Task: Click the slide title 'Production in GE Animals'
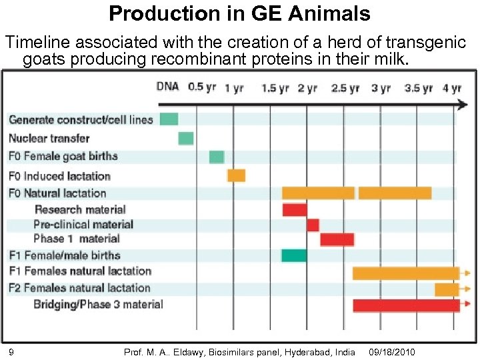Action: click(x=239, y=13)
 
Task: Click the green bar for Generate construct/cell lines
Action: click(x=169, y=119)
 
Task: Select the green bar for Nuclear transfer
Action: click(x=186, y=138)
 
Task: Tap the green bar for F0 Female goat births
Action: click(x=217, y=157)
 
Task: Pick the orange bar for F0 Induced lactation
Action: click(x=236, y=175)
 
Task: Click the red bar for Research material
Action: click(x=294, y=209)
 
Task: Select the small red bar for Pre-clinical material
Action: click(x=313, y=225)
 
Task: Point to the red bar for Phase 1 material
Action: click(x=337, y=239)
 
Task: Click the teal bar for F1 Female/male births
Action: click(x=294, y=255)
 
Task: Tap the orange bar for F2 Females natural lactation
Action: click(x=447, y=289)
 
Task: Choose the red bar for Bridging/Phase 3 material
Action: click(x=406, y=305)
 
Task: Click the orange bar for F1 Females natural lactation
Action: click(x=405, y=273)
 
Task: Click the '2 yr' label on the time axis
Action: click(x=307, y=88)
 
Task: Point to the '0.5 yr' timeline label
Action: click(x=202, y=87)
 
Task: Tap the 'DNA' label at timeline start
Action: click(x=168, y=86)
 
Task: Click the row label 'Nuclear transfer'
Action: click(x=49, y=139)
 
